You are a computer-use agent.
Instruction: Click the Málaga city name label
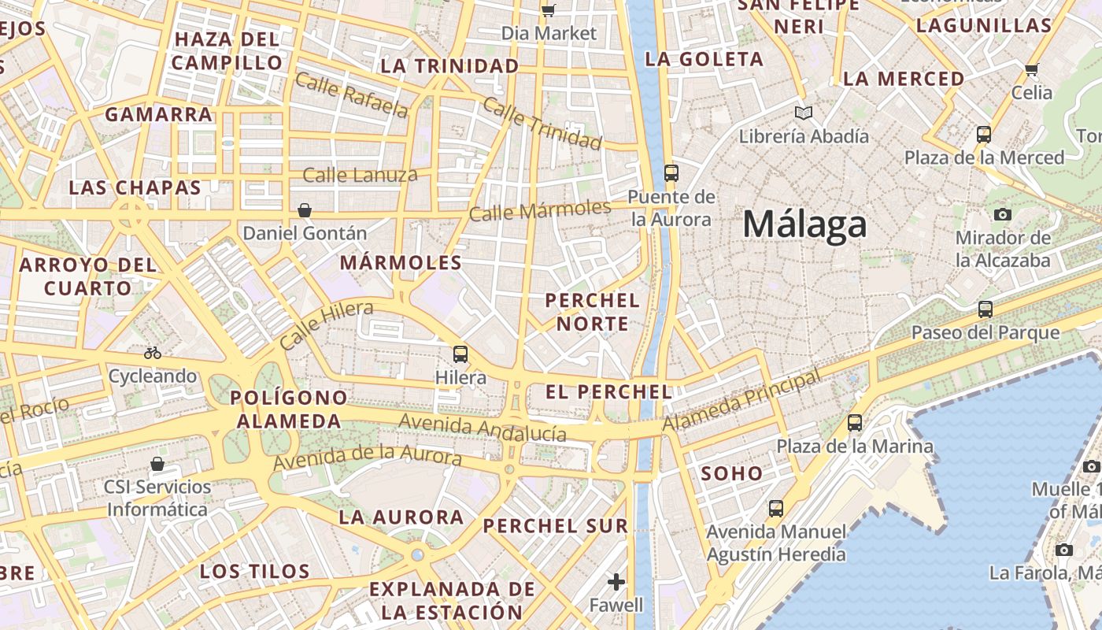804,224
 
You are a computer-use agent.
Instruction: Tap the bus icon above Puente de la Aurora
671,173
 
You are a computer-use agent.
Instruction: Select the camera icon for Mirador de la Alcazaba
1003,214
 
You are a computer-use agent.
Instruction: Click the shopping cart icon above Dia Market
549,10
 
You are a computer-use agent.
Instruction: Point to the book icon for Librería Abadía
803,113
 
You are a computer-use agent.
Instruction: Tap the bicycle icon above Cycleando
153,353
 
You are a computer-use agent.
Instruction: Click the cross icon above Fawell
616,582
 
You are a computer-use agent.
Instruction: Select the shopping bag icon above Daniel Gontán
305,210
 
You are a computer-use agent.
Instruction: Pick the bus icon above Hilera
460,354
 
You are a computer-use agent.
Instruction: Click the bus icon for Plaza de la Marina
855,423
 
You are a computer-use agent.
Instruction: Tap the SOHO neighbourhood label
732,473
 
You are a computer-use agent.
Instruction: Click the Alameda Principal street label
741,401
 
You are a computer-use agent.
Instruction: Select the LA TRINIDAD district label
449,66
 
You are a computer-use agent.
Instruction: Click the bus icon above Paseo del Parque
985,309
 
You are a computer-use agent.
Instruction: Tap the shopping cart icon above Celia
1032,69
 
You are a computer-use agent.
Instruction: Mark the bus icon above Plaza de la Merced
984,135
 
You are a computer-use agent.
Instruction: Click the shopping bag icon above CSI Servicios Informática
157,464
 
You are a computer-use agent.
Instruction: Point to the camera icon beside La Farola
1064,550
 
